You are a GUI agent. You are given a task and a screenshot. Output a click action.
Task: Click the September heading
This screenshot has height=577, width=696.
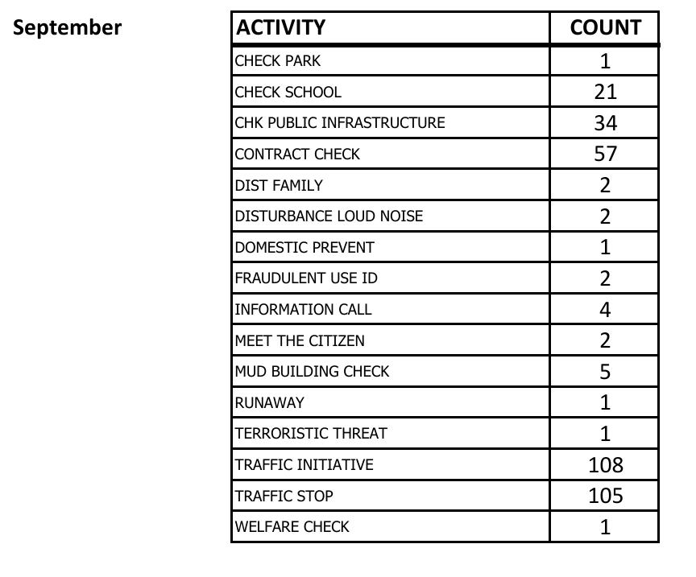[68, 28]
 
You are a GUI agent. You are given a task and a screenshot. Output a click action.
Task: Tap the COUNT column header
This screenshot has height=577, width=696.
[605, 28]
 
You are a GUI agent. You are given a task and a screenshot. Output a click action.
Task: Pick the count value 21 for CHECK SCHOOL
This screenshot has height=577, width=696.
[605, 93]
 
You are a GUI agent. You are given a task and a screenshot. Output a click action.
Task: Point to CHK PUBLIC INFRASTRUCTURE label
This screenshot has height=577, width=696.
[339, 123]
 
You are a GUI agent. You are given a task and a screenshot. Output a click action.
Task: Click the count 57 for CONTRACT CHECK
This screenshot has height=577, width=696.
[605, 155]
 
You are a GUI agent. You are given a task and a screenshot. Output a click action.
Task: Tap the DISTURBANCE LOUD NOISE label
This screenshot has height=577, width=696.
[329, 216]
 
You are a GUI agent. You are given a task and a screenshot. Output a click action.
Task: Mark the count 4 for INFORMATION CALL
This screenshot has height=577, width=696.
[605, 310]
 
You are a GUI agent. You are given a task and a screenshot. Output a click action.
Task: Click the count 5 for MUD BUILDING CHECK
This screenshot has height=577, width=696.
[605, 372]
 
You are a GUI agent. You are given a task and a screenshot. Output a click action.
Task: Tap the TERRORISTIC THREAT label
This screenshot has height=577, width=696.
[311, 434]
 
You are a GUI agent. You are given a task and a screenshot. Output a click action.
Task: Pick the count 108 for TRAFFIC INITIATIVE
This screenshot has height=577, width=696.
[605, 465]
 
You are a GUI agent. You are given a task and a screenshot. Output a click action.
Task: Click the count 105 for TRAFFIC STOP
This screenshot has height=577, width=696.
[605, 496]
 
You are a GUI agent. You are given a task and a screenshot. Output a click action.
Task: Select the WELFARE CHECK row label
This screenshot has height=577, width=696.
[292, 527]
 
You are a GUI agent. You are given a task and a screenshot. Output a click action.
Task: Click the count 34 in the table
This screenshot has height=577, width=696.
[605, 123]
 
